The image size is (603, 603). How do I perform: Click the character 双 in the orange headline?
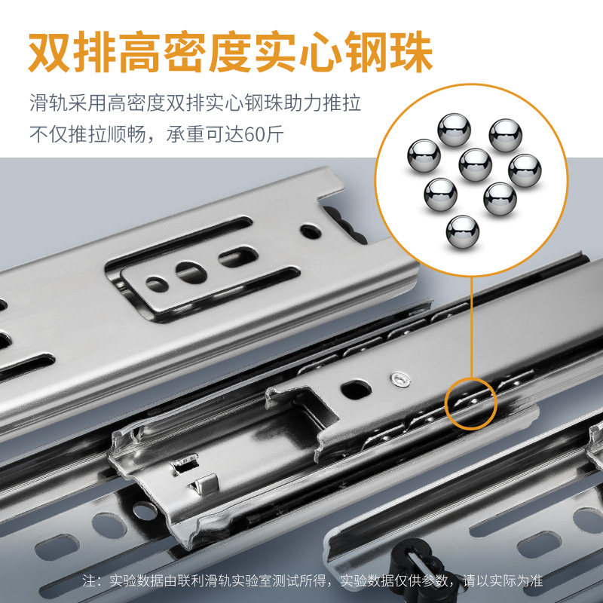50,52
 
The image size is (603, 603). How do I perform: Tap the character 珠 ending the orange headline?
412,52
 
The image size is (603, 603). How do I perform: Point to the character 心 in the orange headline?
321,52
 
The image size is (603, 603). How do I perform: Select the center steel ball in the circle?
476,165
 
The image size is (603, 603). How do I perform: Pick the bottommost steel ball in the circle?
463,231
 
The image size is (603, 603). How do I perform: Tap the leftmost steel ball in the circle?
424,156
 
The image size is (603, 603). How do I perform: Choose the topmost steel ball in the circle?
455,130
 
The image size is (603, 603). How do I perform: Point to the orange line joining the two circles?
472,327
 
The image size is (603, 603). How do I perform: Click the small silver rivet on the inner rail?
400,380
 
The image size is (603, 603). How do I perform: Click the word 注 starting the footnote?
88,580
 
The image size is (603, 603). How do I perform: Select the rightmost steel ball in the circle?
525,170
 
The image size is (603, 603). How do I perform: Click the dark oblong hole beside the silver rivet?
356,389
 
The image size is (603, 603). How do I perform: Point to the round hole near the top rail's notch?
311,231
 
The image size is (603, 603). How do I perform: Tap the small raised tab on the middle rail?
205,484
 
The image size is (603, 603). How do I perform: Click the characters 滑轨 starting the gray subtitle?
49,103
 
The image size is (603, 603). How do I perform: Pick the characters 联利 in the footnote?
191,580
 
